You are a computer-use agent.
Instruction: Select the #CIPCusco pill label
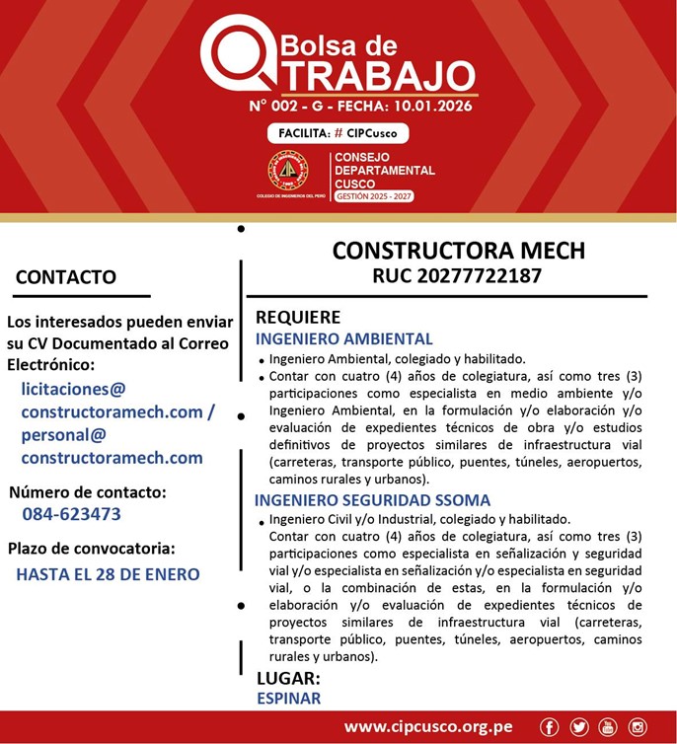pos(338,133)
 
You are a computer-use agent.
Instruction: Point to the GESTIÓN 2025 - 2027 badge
pos(373,196)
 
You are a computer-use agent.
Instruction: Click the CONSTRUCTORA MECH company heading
pos(458,250)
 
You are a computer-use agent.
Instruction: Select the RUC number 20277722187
pos(457,276)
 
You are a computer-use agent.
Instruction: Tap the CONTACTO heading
pos(66,277)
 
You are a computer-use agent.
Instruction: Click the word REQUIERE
pos(298,318)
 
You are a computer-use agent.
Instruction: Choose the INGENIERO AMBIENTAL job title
pos(343,338)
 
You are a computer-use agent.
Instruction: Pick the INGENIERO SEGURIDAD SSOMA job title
pos(372,500)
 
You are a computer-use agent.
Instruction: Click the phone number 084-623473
pos(71,514)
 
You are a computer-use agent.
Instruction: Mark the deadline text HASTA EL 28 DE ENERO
pos(108,574)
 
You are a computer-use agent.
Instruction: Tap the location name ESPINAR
pos(288,699)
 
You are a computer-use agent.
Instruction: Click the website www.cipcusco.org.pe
pos(428,727)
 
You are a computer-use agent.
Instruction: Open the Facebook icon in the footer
pos(550,727)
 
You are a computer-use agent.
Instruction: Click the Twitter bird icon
pos(579,727)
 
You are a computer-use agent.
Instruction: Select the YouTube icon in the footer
pos(608,727)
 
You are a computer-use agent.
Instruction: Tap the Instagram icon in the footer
pos(638,727)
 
